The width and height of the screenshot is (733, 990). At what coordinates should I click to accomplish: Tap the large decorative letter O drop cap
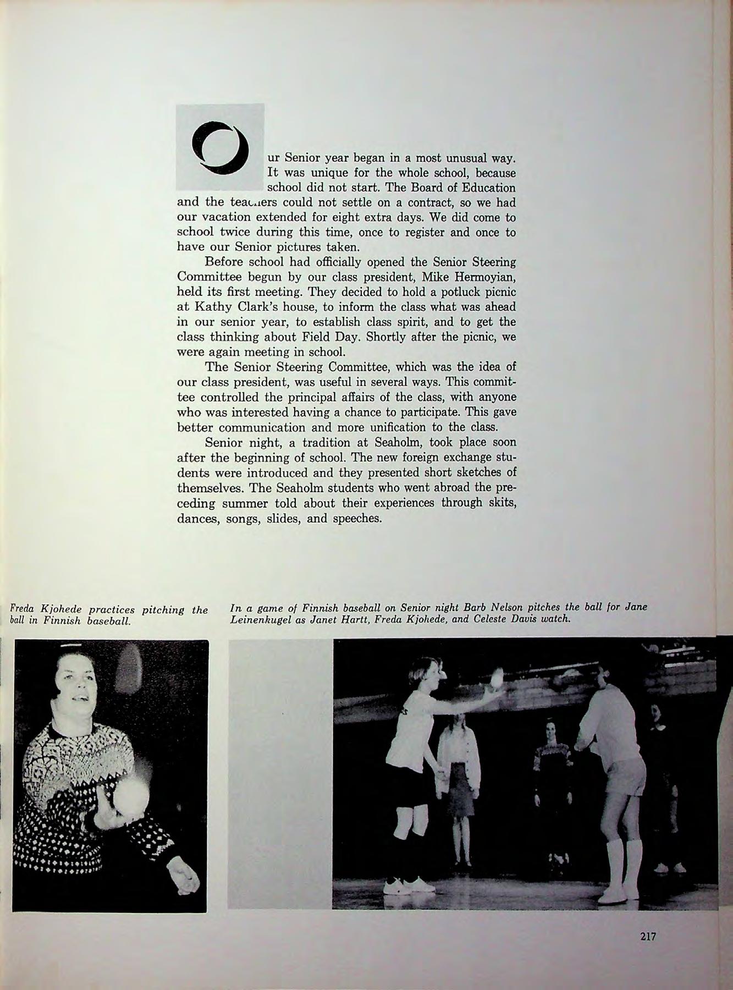click(x=219, y=147)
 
